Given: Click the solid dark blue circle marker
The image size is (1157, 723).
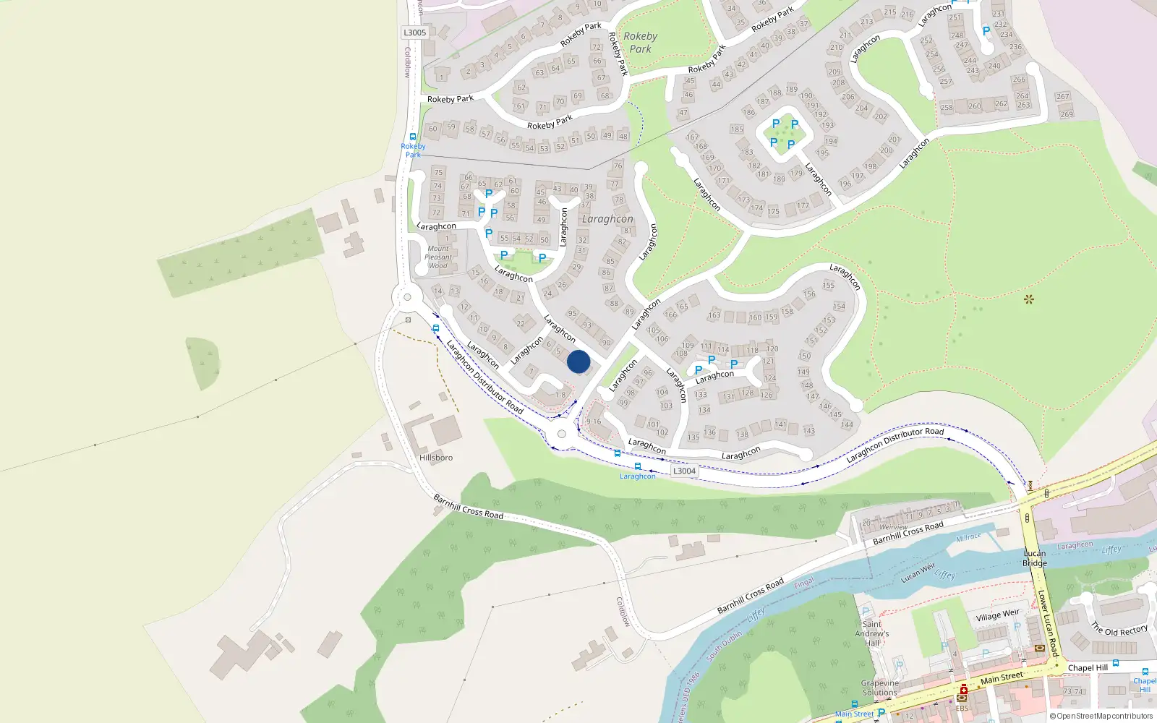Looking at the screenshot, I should click(578, 361).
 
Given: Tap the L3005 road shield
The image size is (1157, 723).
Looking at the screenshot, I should click(414, 33).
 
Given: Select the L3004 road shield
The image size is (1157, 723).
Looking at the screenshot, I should click(684, 471).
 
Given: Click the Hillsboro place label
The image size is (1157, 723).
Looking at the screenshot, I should click(436, 458).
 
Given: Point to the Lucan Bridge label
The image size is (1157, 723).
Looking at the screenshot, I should click(1035, 558).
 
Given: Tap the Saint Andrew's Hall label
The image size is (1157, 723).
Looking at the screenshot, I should click(872, 633).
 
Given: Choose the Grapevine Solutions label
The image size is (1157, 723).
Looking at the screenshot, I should click(880, 688).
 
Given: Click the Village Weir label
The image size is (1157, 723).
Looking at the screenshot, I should click(997, 615).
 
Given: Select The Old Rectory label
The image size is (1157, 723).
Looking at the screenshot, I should click(1119, 630).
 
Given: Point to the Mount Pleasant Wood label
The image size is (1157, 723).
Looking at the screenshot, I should click(438, 257).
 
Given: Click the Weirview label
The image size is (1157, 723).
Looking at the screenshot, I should click(894, 528).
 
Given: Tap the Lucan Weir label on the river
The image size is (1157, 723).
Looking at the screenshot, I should click(918, 573).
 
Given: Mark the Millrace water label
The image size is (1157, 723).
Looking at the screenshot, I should click(968, 538).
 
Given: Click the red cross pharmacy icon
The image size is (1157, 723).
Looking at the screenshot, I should click(962, 690).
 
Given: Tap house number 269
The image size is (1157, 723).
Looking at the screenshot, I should click(1067, 114).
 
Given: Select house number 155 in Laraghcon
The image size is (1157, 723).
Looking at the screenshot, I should click(829, 286).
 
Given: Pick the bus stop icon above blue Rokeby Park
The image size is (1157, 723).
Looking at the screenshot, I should click(413, 137).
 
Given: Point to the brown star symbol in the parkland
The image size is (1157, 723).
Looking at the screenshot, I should click(1028, 299).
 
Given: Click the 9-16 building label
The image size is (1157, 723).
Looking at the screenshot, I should click(594, 422).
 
